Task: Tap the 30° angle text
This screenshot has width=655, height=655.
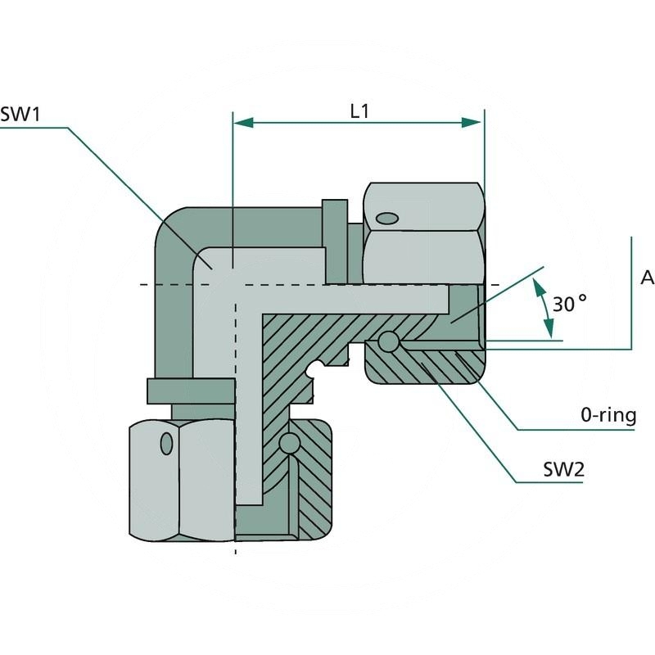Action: [570, 305]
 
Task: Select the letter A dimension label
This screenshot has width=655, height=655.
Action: [647, 278]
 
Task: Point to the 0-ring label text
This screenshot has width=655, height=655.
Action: [608, 416]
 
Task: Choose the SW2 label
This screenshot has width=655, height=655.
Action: [562, 471]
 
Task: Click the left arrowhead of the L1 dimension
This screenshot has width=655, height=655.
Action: [243, 122]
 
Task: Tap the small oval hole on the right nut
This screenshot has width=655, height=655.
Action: [386, 218]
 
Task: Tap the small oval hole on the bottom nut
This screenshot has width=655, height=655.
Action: [167, 443]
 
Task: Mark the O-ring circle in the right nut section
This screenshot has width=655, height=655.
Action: [388, 341]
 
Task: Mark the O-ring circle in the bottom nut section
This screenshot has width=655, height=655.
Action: [287, 444]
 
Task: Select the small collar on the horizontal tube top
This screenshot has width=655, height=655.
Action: [334, 237]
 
